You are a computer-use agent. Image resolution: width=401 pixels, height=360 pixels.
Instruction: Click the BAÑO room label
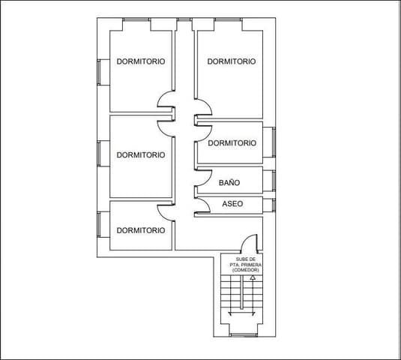pos(229,182)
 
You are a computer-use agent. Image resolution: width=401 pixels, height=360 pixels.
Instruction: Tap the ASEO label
pos(232,204)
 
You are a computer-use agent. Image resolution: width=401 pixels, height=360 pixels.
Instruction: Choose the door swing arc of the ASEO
pos(202,205)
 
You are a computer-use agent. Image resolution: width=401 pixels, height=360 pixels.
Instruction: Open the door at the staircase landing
pos(249,244)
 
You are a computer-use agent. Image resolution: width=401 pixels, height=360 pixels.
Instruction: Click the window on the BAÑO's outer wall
pos(274,181)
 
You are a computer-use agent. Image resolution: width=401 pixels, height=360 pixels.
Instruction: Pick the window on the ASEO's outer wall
pos(274,204)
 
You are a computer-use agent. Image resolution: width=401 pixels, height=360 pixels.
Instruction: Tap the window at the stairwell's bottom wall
pos(241,332)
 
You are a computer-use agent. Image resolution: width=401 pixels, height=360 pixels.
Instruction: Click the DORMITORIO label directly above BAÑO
pos(232,143)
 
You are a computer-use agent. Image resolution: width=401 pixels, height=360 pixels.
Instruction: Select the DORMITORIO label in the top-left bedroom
pos(141,61)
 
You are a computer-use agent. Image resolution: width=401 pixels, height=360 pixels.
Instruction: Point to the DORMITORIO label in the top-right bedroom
pos(232,61)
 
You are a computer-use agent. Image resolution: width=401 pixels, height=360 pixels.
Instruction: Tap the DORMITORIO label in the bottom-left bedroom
pos(141,230)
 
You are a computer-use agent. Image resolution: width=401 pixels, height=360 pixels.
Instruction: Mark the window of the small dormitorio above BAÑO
pos(274,142)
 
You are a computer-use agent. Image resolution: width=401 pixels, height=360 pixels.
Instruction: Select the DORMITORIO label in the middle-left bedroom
pos(141,155)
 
